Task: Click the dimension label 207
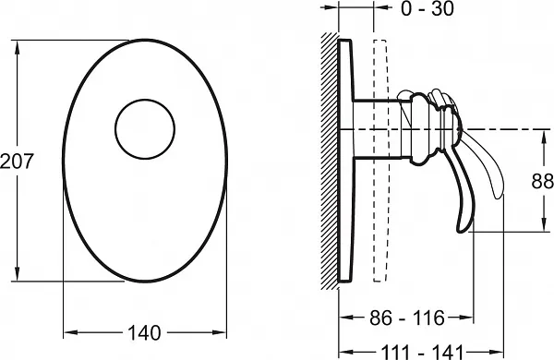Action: tap(17, 162)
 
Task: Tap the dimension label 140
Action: tap(144, 332)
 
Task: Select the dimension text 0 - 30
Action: tap(428, 8)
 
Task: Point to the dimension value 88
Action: tap(542, 181)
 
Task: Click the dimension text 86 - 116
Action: tap(407, 318)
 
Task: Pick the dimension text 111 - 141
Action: tap(422, 352)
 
